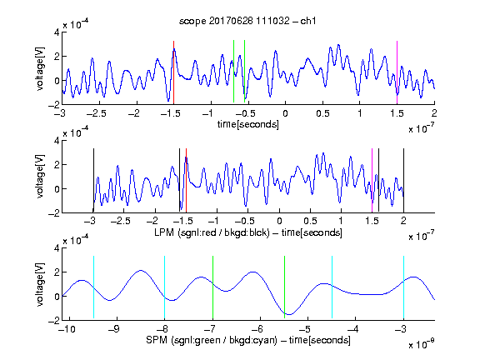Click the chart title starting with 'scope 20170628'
tap(247, 21)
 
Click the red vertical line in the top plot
tap(173, 72)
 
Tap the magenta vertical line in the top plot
tap(397, 72)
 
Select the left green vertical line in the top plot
tap(233, 71)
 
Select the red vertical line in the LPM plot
tap(186, 181)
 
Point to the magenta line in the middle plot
tap(372, 181)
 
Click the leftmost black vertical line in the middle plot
tap(93, 181)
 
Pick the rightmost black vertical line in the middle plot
tap(403, 181)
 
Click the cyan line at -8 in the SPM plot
tap(164, 287)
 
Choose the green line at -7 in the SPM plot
tap(212, 287)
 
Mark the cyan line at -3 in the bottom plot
tap(403, 287)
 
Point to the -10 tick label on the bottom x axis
tap(68, 329)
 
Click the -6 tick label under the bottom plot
tap(258, 329)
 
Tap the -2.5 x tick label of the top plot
tap(96, 113)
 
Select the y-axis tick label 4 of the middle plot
tap(57, 141)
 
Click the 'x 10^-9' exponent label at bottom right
tap(421, 344)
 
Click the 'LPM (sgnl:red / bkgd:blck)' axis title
tap(212, 232)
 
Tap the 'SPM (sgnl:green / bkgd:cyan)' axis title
tap(211, 340)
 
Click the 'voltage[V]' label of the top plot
tap(40, 68)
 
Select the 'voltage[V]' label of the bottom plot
tap(40, 284)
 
